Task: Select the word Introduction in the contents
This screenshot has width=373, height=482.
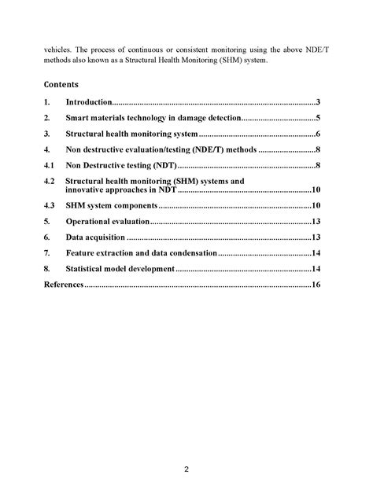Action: point(89,102)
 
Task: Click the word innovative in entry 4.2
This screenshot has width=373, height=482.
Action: point(89,190)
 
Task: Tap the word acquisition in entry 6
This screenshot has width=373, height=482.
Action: point(105,237)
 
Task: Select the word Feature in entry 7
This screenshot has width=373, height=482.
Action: point(80,253)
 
